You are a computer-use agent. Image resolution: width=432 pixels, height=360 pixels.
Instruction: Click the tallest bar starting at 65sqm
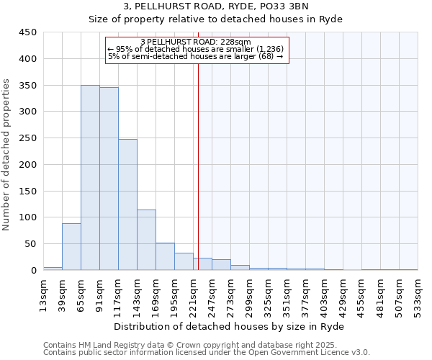pos(90,178)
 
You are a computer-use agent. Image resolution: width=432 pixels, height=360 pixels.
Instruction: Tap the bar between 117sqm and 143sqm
pos(127,204)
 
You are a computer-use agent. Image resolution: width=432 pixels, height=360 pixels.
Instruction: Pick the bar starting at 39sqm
pos(71,247)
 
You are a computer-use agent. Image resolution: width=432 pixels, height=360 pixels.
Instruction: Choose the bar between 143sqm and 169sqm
pos(146,240)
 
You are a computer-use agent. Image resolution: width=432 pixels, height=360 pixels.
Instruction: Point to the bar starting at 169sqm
pos(165,256)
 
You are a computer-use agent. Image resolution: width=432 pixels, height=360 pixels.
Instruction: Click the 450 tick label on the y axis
pos(28,32)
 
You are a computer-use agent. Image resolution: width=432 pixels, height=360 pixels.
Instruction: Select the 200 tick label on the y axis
pos(28,164)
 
